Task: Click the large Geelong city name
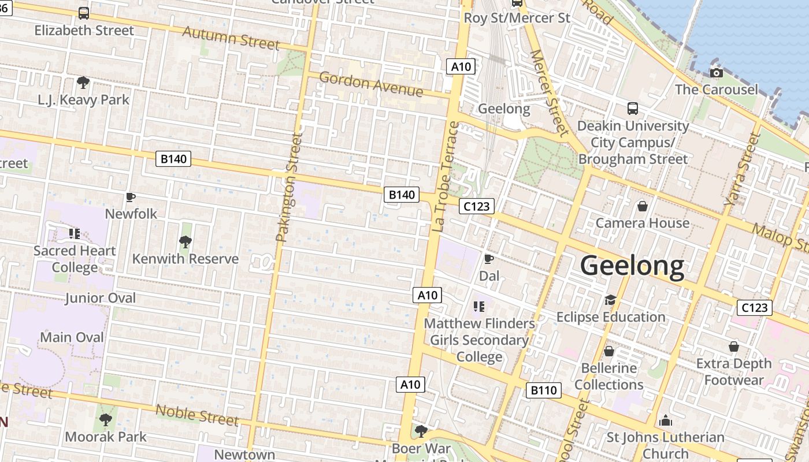[632, 266]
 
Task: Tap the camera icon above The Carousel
[717, 73]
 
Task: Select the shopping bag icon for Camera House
[642, 206]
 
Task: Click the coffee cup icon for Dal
[488, 259]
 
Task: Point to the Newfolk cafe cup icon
[131, 198]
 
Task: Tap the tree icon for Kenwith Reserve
[185, 241]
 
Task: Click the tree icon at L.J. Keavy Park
[83, 83]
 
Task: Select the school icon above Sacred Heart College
[74, 233]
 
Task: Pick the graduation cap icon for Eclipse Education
[610, 300]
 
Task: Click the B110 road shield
[544, 390]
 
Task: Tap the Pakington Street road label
[289, 187]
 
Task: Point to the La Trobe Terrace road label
[445, 177]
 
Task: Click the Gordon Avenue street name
[370, 84]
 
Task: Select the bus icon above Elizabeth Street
[84, 13]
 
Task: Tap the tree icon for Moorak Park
[105, 419]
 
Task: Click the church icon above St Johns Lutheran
[666, 420]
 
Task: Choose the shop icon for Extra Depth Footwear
[733, 346]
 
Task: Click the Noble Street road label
[197, 415]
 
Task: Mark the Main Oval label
[72, 337]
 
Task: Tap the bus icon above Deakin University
[633, 109]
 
